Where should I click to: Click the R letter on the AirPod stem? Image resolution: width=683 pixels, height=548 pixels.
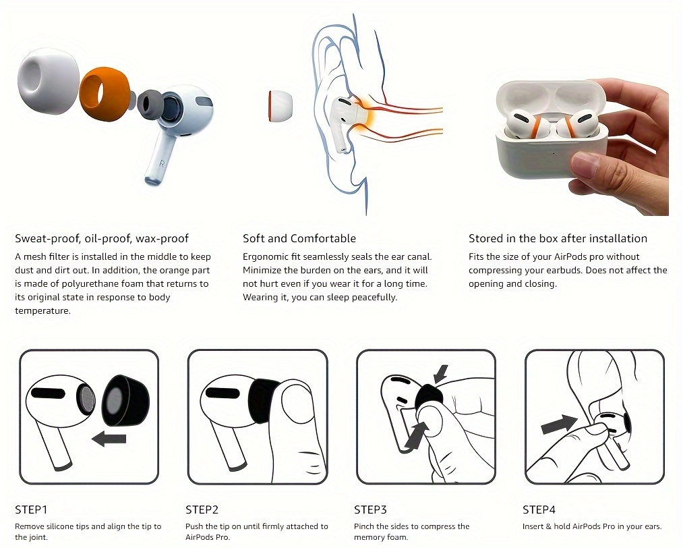point(162,164)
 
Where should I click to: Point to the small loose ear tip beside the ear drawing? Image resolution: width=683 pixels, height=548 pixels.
point(280,107)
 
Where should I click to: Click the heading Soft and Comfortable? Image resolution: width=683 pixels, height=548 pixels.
point(299,238)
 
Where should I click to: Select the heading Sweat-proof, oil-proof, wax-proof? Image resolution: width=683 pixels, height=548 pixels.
point(102,238)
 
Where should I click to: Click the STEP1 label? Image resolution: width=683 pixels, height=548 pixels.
point(31,510)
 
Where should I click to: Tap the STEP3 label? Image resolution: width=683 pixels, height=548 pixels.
point(370,510)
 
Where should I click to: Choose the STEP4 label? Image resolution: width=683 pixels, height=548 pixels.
point(539,510)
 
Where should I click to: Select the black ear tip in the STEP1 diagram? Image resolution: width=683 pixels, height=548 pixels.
point(125,401)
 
